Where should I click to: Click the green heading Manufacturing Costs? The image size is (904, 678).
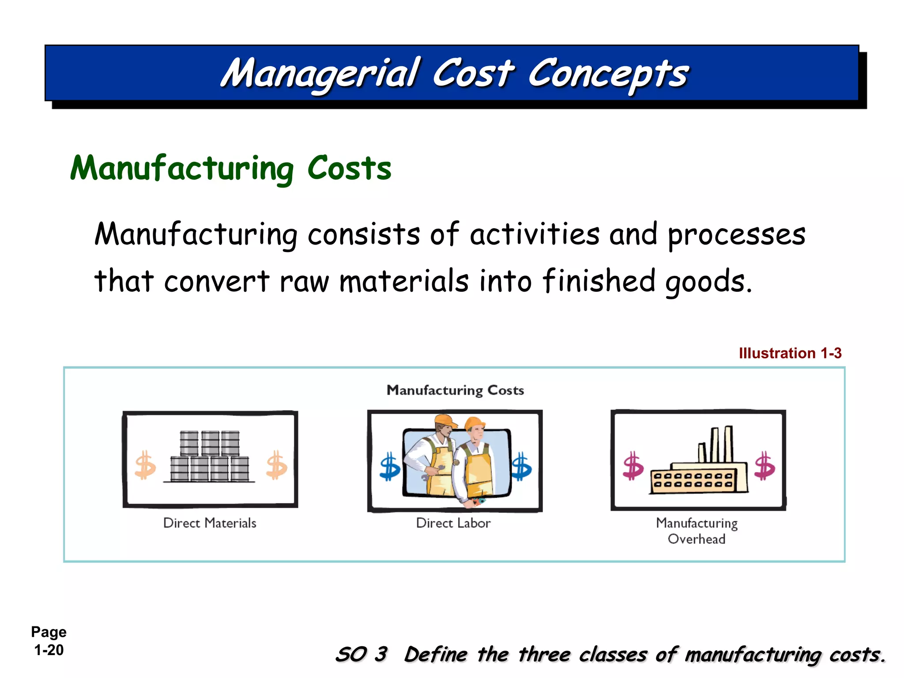tap(230, 169)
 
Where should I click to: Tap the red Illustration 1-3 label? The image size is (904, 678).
tap(790, 353)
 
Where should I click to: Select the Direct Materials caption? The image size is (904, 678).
tap(210, 523)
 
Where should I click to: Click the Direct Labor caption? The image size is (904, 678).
tap(453, 523)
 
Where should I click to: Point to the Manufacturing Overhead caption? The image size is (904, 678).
tap(697, 531)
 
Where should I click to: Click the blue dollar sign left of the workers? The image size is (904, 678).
tap(390, 466)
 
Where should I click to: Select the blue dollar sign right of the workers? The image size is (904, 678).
tap(521, 466)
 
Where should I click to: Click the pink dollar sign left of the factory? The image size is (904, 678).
tap(633, 466)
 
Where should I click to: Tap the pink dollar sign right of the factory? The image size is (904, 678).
tap(765, 466)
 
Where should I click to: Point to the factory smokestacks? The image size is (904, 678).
tap(716, 444)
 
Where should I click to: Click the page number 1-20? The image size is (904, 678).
tap(49, 650)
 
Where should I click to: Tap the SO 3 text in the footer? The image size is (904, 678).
tap(362, 654)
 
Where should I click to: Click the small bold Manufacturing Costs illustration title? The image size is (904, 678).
tap(455, 390)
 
